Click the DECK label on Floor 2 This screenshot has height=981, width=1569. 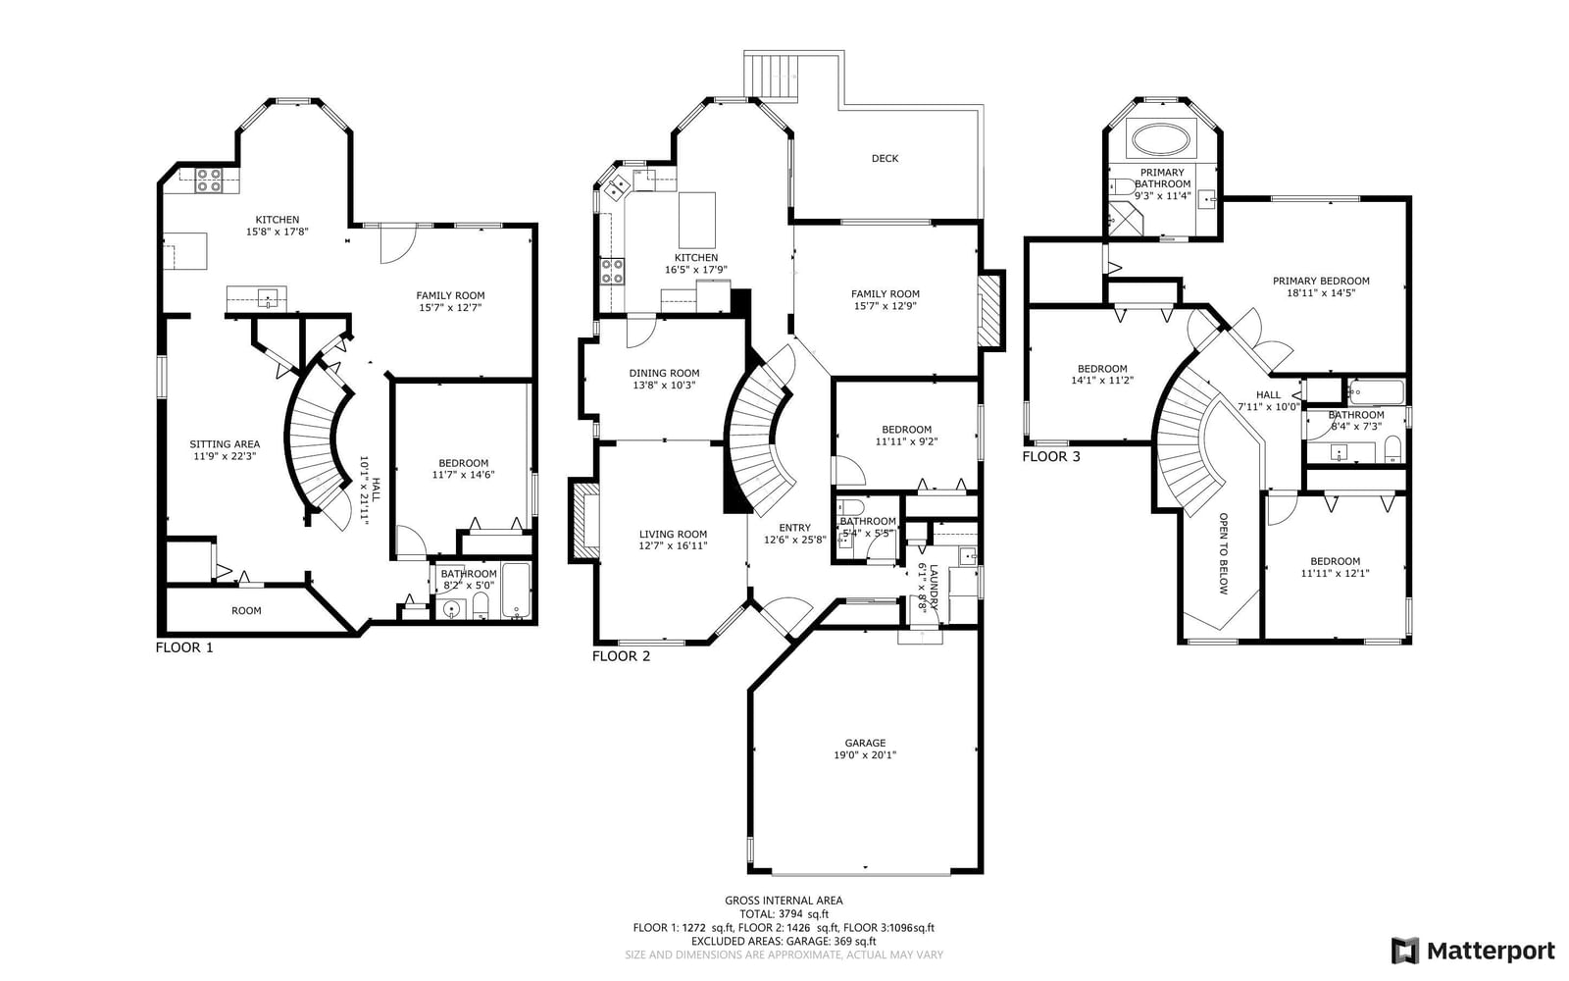tap(885, 158)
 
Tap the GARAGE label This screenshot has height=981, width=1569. tap(865, 743)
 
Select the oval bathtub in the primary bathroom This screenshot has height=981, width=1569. tap(1161, 138)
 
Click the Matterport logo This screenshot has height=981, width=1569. tap(1473, 951)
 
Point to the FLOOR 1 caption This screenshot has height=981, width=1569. tap(184, 647)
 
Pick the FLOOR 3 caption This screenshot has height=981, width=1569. tap(1051, 457)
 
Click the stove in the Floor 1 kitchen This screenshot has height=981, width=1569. tap(208, 181)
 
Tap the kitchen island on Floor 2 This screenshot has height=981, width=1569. tap(697, 220)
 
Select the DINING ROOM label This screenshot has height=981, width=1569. tap(664, 374)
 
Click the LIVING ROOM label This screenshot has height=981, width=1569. tap(673, 534)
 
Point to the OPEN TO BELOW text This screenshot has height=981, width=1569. tap(1224, 553)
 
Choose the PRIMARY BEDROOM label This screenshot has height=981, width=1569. tap(1321, 281)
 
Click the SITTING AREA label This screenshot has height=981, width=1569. tap(225, 444)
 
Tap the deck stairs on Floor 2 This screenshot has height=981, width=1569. tap(771, 77)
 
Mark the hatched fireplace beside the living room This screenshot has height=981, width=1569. tap(584, 520)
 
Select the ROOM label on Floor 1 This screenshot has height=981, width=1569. tap(246, 611)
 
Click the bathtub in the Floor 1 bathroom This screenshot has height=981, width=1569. tap(517, 590)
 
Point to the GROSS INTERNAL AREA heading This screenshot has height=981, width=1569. tap(784, 901)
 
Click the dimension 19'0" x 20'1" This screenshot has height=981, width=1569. tap(865, 755)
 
